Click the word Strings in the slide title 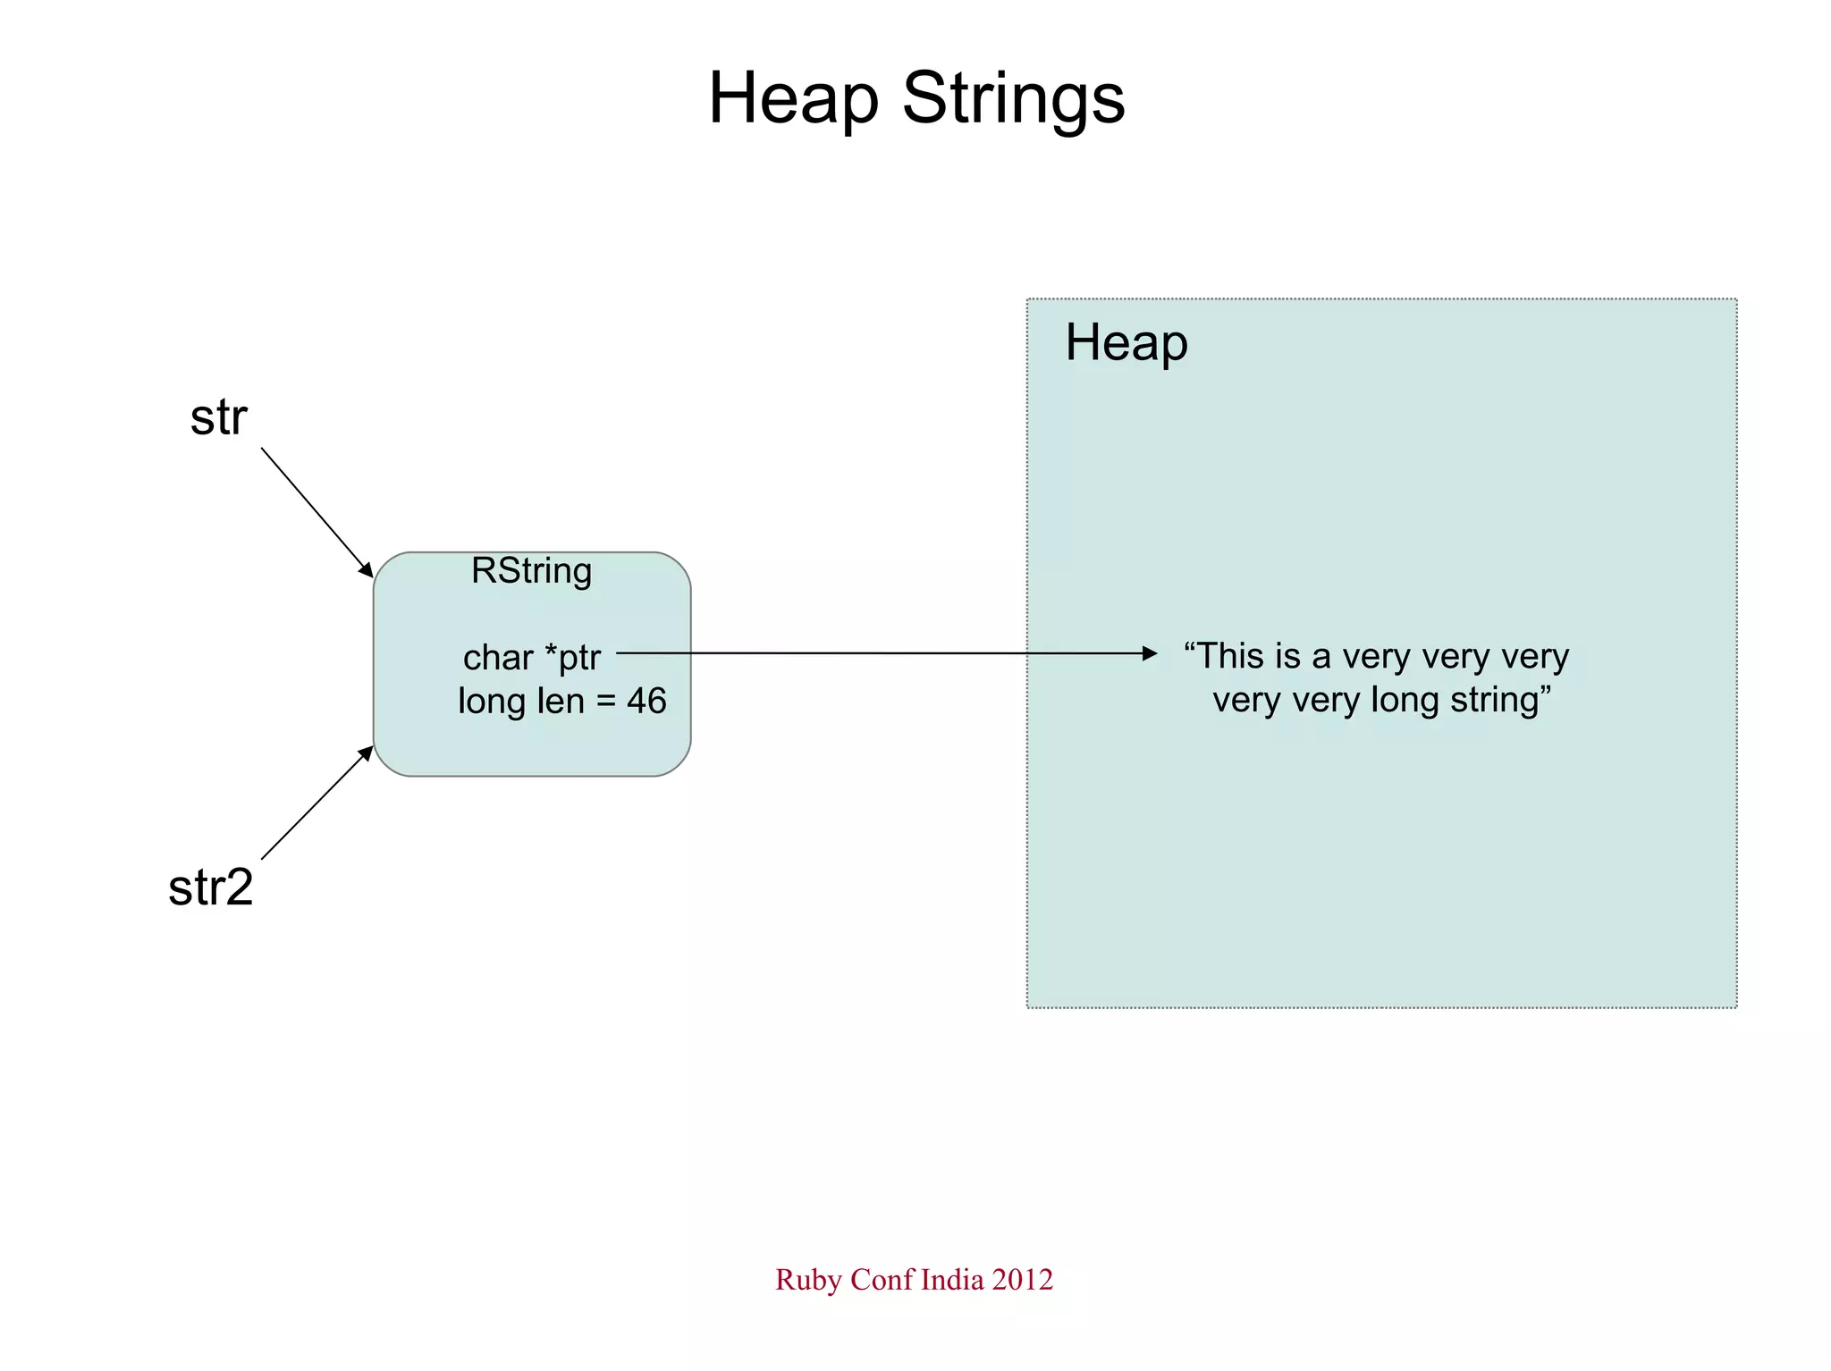1013,98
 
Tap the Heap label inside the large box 1126,343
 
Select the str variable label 218,417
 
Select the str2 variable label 211,887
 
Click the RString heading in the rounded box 531,571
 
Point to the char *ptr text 531,658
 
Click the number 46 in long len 645,701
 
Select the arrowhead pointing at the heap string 1150,653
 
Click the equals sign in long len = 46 605,702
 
